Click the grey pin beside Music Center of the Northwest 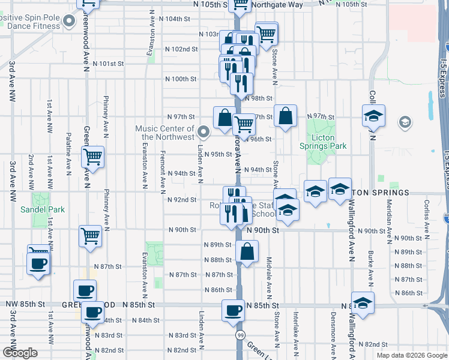click(x=203, y=131)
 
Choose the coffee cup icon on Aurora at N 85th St click(x=234, y=311)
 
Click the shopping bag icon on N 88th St click(x=247, y=251)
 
